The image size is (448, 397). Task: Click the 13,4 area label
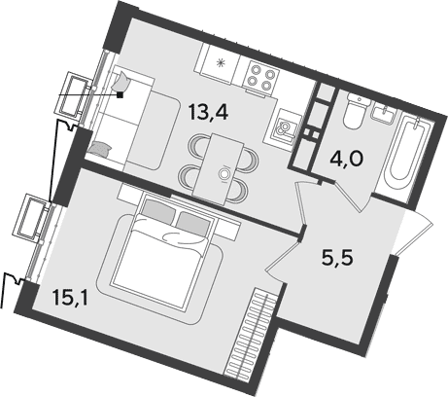(x=209, y=112)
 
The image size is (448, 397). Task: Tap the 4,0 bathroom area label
(x=347, y=159)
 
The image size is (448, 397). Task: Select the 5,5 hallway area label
(x=337, y=259)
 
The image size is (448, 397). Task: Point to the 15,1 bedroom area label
(x=70, y=298)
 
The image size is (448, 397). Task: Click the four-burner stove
(x=261, y=77)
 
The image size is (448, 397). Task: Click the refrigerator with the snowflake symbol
(x=222, y=63)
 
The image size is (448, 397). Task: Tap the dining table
(x=218, y=169)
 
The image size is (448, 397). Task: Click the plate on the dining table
(x=224, y=173)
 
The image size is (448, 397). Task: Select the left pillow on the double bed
(x=156, y=210)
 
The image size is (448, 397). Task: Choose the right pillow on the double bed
(x=192, y=224)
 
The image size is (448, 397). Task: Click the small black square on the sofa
(x=121, y=94)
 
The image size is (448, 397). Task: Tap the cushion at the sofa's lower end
(x=100, y=149)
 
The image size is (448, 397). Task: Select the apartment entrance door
(x=415, y=232)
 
